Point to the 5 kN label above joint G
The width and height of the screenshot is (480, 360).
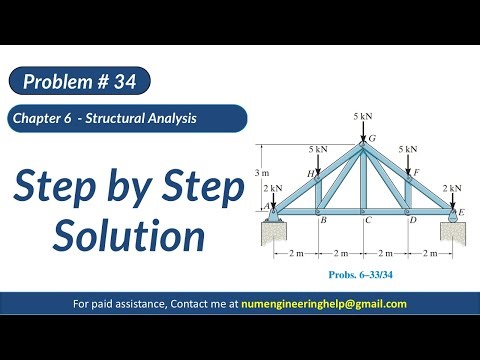click(364, 117)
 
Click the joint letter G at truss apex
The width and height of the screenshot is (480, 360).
click(373, 138)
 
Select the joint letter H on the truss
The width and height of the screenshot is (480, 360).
click(310, 173)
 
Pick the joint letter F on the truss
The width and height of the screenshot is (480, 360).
click(416, 173)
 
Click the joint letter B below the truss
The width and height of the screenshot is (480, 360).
click(322, 220)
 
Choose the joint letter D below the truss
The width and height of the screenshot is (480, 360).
click(412, 220)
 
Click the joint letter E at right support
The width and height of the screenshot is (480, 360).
click(460, 212)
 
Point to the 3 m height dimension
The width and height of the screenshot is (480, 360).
click(263, 173)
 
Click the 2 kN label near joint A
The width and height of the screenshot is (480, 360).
click(272, 188)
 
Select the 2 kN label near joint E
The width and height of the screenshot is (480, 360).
click(452, 188)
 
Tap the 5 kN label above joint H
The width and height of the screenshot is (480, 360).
click(318, 149)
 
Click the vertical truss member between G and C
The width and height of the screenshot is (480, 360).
click(364, 180)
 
